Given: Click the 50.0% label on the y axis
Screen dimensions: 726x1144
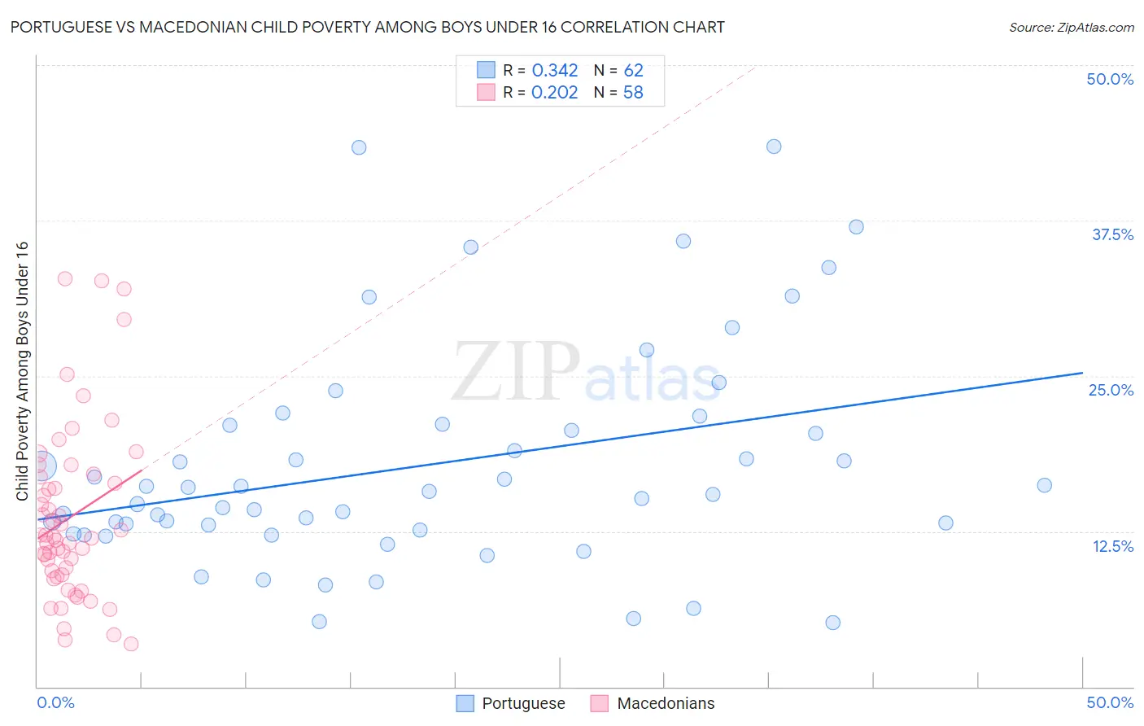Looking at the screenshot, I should pyautogui.click(x=1110, y=79).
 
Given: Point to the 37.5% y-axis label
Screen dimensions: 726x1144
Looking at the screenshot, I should pyautogui.click(x=1112, y=234).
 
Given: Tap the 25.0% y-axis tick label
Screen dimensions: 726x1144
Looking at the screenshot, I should pyautogui.click(x=1111, y=390).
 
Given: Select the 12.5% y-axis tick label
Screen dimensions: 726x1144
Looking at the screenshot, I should pyautogui.click(x=1112, y=546).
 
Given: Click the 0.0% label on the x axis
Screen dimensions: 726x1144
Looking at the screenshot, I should pyautogui.click(x=55, y=702).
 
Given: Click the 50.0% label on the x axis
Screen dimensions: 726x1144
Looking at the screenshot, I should pyautogui.click(x=1110, y=702).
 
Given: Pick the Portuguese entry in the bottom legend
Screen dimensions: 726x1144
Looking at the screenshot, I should pyautogui.click(x=523, y=703).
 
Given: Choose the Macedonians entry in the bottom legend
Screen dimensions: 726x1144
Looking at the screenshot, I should pyautogui.click(x=666, y=703).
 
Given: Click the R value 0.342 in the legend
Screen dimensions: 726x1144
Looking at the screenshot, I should pyautogui.click(x=554, y=71).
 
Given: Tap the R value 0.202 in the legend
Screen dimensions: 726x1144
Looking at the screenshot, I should pyautogui.click(x=554, y=93).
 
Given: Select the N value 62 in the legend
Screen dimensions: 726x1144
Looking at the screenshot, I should pyautogui.click(x=633, y=71).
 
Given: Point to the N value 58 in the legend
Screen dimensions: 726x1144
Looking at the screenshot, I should pyautogui.click(x=633, y=93).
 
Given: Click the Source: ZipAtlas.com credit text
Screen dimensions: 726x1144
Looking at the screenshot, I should pyautogui.click(x=1071, y=28).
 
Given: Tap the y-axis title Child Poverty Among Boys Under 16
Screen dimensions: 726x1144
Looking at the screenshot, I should pyautogui.click(x=22, y=371).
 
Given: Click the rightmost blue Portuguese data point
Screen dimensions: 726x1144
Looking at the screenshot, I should pyautogui.click(x=1045, y=485).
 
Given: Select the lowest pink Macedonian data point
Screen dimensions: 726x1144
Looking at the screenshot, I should pyautogui.click(x=131, y=644).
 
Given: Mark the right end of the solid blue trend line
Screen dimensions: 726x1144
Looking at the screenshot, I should pyautogui.click(x=1082, y=373).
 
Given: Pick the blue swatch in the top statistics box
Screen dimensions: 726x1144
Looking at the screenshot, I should pyautogui.click(x=486, y=71).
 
